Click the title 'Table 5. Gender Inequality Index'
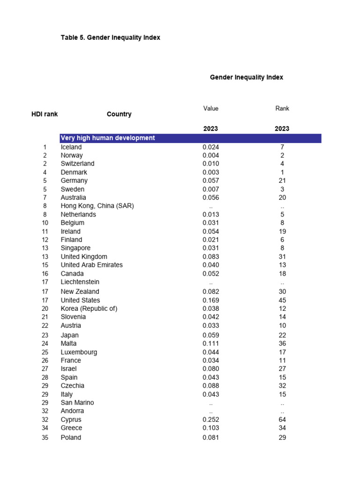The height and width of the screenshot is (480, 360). click(110, 37)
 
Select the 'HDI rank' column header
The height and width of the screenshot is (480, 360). click(45, 114)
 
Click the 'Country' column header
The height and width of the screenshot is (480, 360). click(119, 114)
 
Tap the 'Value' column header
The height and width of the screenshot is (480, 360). click(210, 108)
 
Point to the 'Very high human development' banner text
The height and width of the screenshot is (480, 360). click(108, 138)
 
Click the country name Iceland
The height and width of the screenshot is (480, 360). click(71, 147)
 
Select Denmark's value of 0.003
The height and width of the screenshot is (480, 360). click(210, 172)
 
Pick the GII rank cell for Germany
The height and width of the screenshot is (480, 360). click(282, 180)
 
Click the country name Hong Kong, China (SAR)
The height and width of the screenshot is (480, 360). click(97, 206)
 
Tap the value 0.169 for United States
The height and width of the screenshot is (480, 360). click(210, 300)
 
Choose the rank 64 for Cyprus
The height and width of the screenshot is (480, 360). click(282, 420)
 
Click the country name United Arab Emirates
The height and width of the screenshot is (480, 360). click(91, 265)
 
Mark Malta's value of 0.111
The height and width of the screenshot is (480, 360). click(210, 344)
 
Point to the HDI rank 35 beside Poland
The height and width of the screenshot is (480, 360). click(45, 437)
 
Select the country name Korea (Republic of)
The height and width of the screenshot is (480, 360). click(89, 308)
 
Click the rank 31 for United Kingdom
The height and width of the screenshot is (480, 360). click(282, 256)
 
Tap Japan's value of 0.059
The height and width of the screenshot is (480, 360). click(210, 335)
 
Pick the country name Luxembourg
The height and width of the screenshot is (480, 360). click(79, 352)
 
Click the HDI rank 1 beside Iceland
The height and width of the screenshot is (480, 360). click(45, 147)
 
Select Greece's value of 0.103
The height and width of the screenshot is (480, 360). click(210, 428)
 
